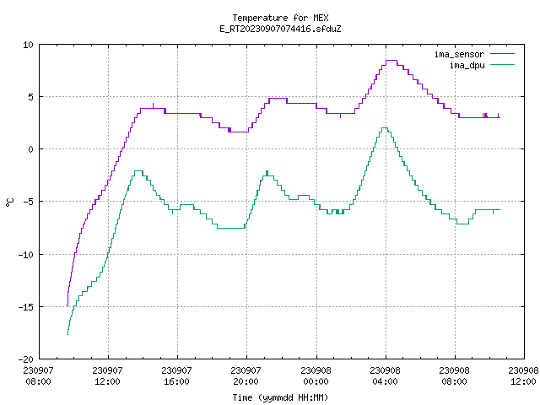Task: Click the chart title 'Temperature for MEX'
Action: pos(280,18)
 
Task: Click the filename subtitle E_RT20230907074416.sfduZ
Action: pos(280,29)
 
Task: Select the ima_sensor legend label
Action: pos(459,54)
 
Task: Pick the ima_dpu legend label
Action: pos(467,65)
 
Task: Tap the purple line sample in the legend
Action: pos(503,54)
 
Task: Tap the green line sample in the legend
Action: pos(503,65)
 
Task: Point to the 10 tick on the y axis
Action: pos(28,45)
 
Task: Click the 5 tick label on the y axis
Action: pos(31,97)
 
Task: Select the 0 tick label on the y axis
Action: pos(31,149)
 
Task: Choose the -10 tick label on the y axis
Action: pos(26,255)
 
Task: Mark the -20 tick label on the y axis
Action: pos(26,359)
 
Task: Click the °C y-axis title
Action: pos(10,202)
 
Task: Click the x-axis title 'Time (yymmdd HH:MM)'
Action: pos(280,397)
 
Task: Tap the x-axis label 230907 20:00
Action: pos(246,376)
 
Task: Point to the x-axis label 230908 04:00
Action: pos(385,376)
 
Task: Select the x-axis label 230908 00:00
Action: pos(316,376)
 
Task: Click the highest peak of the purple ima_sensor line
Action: pos(391,61)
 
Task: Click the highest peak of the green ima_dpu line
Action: pos(385,128)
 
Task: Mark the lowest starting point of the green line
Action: pos(67,334)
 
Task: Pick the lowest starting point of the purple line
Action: pos(67,305)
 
